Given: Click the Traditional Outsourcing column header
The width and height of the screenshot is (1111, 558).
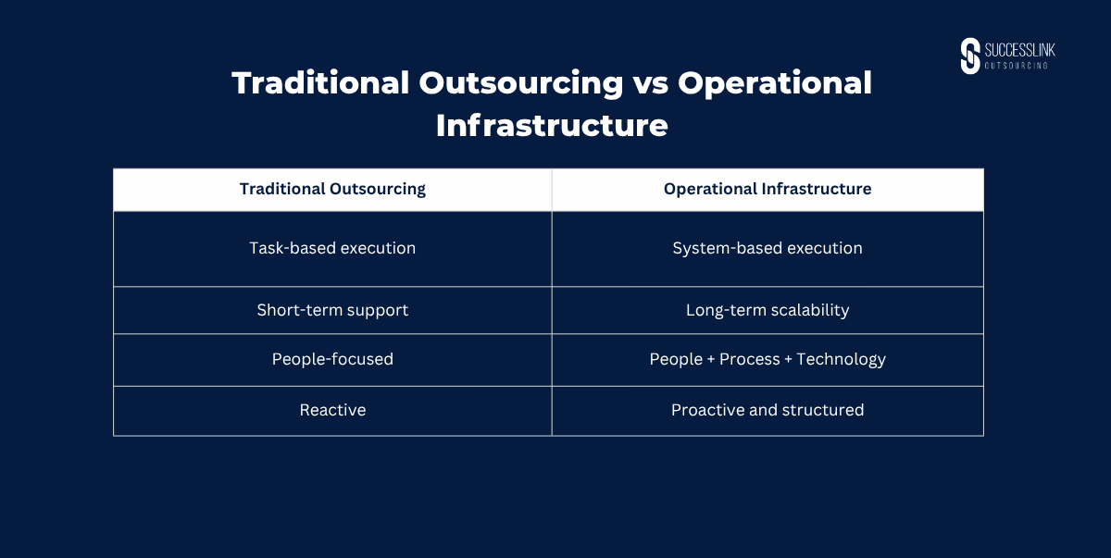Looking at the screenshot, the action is [x=332, y=190].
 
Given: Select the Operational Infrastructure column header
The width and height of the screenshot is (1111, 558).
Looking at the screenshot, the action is [x=768, y=189].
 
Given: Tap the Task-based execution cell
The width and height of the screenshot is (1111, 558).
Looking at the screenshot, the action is [x=332, y=248].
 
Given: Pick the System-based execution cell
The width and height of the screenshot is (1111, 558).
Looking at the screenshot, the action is [x=768, y=248].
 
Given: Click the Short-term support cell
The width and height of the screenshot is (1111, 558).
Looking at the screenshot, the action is [x=332, y=310].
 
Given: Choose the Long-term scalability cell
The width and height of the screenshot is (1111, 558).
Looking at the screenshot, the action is [x=768, y=310].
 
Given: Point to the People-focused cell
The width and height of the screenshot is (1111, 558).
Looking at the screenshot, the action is [x=332, y=359].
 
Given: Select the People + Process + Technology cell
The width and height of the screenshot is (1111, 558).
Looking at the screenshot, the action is [x=768, y=359].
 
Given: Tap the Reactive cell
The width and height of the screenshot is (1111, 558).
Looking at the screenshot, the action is [x=332, y=410].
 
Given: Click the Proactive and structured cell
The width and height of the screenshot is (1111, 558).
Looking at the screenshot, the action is [x=768, y=410].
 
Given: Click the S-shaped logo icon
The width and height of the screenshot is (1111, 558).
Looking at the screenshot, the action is [x=970, y=56].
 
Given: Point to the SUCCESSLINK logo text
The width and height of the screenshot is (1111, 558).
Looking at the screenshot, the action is [x=1019, y=50].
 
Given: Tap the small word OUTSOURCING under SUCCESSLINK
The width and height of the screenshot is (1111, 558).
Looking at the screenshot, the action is [x=1017, y=66].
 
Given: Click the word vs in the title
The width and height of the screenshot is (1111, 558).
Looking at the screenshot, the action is [x=650, y=83].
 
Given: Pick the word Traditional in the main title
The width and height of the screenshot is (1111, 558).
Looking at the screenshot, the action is [x=320, y=82].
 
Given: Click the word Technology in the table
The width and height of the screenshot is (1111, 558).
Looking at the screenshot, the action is [x=841, y=359].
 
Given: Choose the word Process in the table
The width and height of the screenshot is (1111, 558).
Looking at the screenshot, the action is [x=749, y=359].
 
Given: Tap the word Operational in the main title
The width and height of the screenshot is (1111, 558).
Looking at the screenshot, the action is [x=775, y=83].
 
